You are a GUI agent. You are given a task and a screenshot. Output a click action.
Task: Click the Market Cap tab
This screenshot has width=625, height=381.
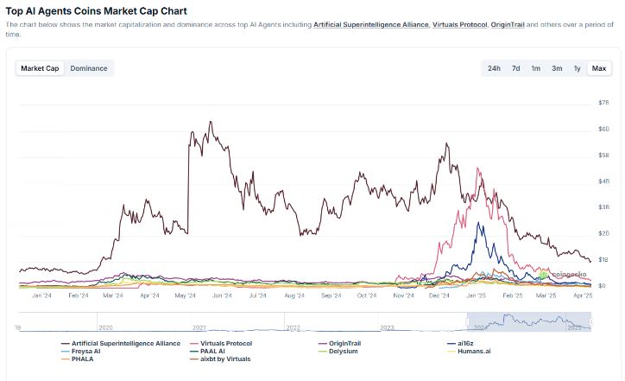[41, 68]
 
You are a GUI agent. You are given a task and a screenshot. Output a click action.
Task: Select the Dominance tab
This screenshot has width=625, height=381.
[89, 68]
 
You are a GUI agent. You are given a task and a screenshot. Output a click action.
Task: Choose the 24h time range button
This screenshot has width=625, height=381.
[494, 68]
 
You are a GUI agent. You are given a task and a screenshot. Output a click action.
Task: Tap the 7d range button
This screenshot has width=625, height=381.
[515, 68]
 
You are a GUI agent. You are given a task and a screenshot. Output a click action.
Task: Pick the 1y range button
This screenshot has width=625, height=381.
[577, 68]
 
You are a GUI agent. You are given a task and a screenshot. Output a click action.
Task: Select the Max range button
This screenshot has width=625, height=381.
[598, 68]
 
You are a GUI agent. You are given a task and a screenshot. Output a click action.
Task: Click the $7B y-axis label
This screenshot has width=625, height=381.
[604, 103]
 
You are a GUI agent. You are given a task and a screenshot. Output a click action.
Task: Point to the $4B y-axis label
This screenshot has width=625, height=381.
[604, 181]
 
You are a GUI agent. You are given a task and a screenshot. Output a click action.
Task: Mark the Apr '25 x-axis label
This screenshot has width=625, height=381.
[583, 295]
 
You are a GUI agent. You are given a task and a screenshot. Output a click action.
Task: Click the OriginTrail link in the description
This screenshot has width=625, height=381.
[507, 24]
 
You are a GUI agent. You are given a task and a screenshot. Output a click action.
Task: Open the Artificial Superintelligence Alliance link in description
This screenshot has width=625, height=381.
[371, 24]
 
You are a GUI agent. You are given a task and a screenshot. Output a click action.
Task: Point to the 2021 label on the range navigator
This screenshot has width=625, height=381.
[199, 327]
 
